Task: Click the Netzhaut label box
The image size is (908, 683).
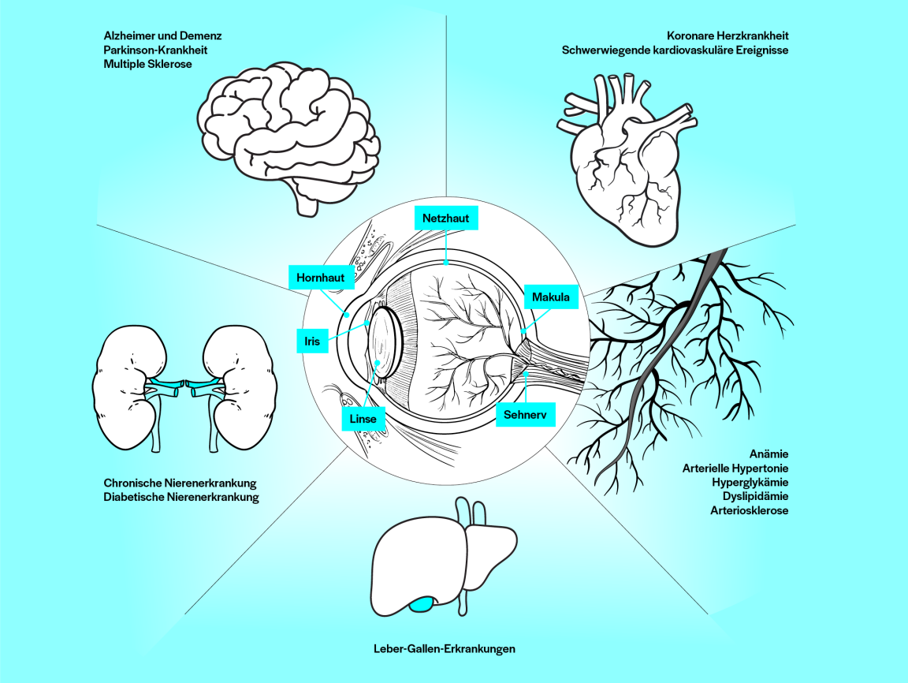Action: click(446, 218)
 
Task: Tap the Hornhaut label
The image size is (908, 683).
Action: click(321, 278)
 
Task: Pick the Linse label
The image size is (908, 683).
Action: click(363, 419)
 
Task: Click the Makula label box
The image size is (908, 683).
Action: click(551, 298)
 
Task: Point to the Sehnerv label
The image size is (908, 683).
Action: click(525, 413)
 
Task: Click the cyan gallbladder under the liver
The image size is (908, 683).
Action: click(422, 604)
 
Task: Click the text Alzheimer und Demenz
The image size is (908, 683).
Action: click(163, 35)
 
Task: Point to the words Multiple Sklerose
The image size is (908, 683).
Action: click(148, 64)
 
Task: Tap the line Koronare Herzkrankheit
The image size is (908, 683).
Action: click(728, 35)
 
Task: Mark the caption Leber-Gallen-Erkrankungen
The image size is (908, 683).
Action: click(445, 648)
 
